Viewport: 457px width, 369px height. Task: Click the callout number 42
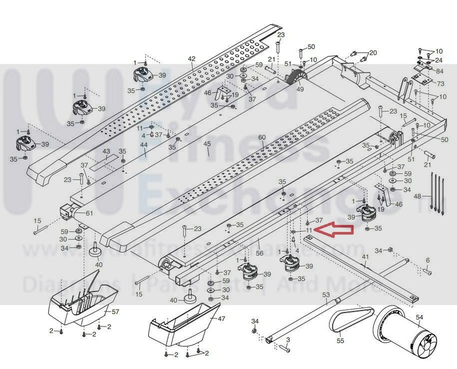click(x=191, y=59)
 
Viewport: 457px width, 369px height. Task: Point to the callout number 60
click(x=262, y=137)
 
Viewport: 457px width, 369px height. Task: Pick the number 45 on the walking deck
click(x=207, y=144)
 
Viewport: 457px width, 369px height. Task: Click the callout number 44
click(x=144, y=145)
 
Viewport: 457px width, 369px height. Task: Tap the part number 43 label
click(x=106, y=151)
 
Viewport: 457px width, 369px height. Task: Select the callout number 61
click(x=89, y=213)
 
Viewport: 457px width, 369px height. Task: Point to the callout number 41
click(x=365, y=257)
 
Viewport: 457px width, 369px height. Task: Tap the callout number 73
click(x=440, y=83)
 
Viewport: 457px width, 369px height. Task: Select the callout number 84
click(x=439, y=71)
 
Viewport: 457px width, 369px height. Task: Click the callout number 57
click(x=115, y=311)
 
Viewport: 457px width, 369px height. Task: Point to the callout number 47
click(x=221, y=318)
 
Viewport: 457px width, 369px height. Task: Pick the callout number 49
click(x=300, y=90)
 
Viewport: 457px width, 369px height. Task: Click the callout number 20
click(x=373, y=53)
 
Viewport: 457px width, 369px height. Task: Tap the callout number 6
click(x=427, y=260)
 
